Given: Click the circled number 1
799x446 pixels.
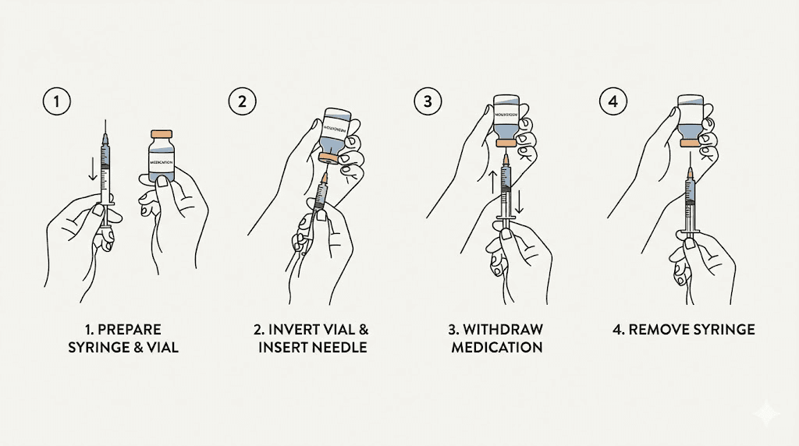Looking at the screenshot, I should tap(55, 101).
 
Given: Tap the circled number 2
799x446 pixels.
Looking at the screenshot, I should tap(242, 101).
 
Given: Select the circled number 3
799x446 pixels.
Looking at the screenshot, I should tap(427, 101).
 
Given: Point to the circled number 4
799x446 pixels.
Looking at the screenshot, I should tap(611, 101).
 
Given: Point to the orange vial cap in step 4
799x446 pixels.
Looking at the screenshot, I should tap(690, 143).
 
